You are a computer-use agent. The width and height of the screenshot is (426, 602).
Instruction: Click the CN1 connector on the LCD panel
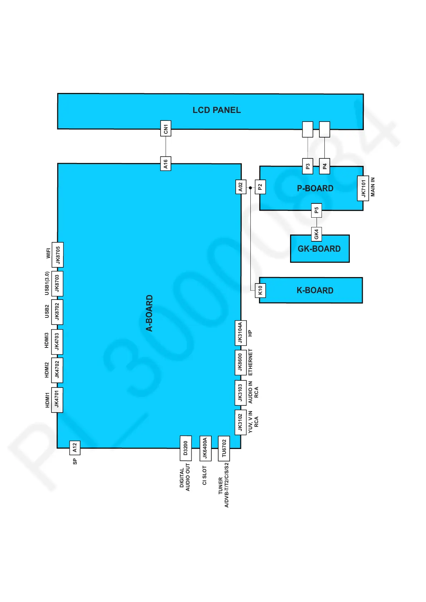[166, 128]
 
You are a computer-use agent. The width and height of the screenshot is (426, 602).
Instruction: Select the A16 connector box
[166, 163]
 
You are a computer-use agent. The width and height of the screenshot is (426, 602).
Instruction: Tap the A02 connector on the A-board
[240, 187]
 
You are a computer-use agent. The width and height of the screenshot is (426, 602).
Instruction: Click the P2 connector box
[260, 187]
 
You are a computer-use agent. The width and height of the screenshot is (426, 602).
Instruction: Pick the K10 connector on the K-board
[260, 290]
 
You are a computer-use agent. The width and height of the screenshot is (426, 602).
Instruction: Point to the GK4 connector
[316, 234]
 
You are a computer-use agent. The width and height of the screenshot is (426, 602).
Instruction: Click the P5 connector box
[316, 210]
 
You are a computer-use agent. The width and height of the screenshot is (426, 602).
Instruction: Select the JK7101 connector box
[363, 188]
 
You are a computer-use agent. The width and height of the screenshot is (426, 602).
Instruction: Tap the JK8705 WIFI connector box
[58, 255]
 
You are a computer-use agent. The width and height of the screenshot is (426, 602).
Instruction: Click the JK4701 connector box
[57, 400]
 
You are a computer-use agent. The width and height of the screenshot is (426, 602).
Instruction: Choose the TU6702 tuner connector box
[224, 448]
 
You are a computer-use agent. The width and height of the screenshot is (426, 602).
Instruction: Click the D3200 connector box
[185, 448]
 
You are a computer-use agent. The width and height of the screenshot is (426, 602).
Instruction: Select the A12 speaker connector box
[74, 447]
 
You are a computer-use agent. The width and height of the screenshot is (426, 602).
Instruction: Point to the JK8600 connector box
[240, 362]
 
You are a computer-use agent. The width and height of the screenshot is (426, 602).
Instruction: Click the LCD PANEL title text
[216, 110]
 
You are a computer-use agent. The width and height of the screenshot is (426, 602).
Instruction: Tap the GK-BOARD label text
[319, 249]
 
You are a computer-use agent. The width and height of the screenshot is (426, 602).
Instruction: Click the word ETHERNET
[250, 362]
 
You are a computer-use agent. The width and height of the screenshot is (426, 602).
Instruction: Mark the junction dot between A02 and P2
[250, 188]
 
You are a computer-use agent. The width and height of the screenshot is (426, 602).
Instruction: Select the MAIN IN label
[373, 187]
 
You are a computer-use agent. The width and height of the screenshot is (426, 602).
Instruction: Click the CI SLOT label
[205, 475]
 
